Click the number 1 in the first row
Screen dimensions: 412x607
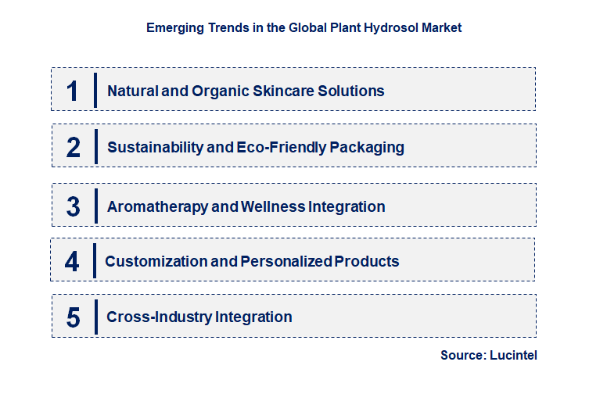[x=73, y=91]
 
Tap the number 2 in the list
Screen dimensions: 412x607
[x=74, y=147]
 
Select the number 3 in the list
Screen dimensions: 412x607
[x=73, y=207]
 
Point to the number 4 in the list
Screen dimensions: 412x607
[x=72, y=261]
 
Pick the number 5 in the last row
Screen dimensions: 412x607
[x=73, y=317]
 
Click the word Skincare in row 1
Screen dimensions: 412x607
[x=282, y=91]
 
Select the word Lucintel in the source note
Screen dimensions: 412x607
[x=513, y=355]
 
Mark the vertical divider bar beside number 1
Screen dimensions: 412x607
[x=95, y=91]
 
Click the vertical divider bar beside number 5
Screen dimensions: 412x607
[x=95, y=317]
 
